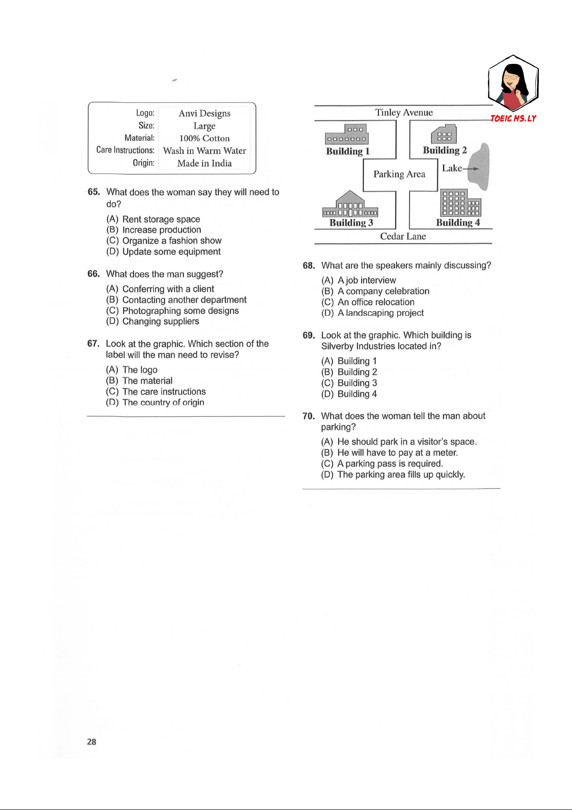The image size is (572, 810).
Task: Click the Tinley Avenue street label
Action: (x=404, y=112)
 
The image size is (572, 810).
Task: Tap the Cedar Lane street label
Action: (x=403, y=237)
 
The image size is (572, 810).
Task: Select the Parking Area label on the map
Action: (x=399, y=174)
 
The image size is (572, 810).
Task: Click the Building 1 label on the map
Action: (x=348, y=151)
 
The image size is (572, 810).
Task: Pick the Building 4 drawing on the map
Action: (x=460, y=203)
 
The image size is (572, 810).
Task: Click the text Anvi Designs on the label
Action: (x=205, y=113)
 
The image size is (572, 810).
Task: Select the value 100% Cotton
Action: (x=205, y=138)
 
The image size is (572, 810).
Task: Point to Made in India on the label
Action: (x=205, y=163)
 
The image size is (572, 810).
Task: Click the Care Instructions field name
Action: (x=125, y=150)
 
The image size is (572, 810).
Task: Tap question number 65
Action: (x=94, y=192)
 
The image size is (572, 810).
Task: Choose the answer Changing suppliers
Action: (x=160, y=322)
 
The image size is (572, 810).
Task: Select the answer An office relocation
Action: (x=376, y=302)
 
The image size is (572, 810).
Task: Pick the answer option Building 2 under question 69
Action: (x=357, y=372)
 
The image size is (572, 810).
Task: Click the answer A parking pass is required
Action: (x=389, y=464)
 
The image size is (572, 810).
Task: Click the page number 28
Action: (x=92, y=742)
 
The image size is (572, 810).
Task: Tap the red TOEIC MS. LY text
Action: (x=513, y=118)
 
